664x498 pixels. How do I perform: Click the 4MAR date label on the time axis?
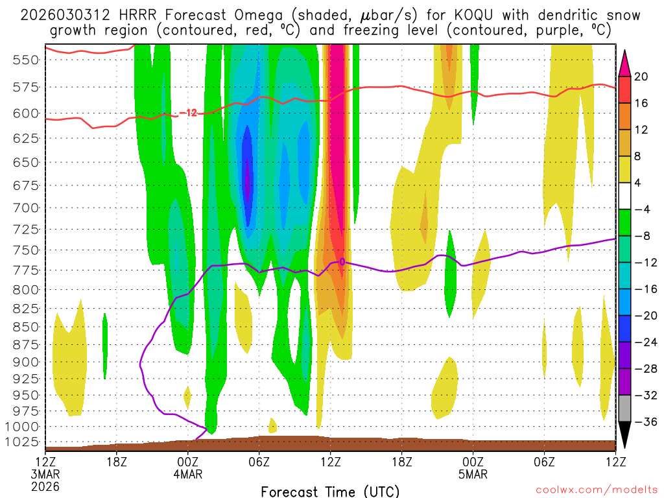(x=188, y=474)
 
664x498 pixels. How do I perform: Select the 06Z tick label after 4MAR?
(x=259, y=462)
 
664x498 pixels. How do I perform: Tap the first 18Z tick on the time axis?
(x=116, y=462)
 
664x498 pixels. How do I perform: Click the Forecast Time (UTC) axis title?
(x=330, y=491)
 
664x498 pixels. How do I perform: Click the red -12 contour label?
(x=188, y=113)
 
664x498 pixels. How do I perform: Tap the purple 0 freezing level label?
(x=342, y=262)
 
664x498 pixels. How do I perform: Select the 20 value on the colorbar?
(x=641, y=77)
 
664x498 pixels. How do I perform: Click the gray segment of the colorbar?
(x=625, y=409)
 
